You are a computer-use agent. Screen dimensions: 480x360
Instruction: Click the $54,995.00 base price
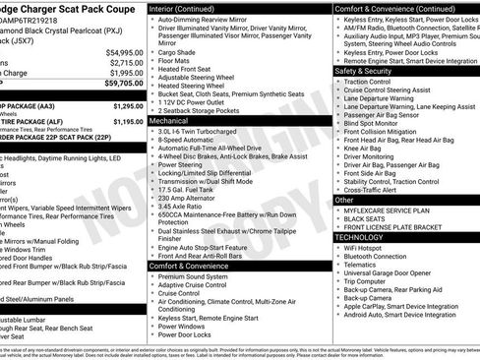click(x=124, y=51)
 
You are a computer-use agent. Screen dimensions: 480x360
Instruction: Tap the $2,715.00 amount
click(x=124, y=62)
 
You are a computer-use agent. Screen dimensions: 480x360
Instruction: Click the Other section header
click(x=345, y=200)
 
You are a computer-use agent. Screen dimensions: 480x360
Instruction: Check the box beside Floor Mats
click(x=150, y=59)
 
